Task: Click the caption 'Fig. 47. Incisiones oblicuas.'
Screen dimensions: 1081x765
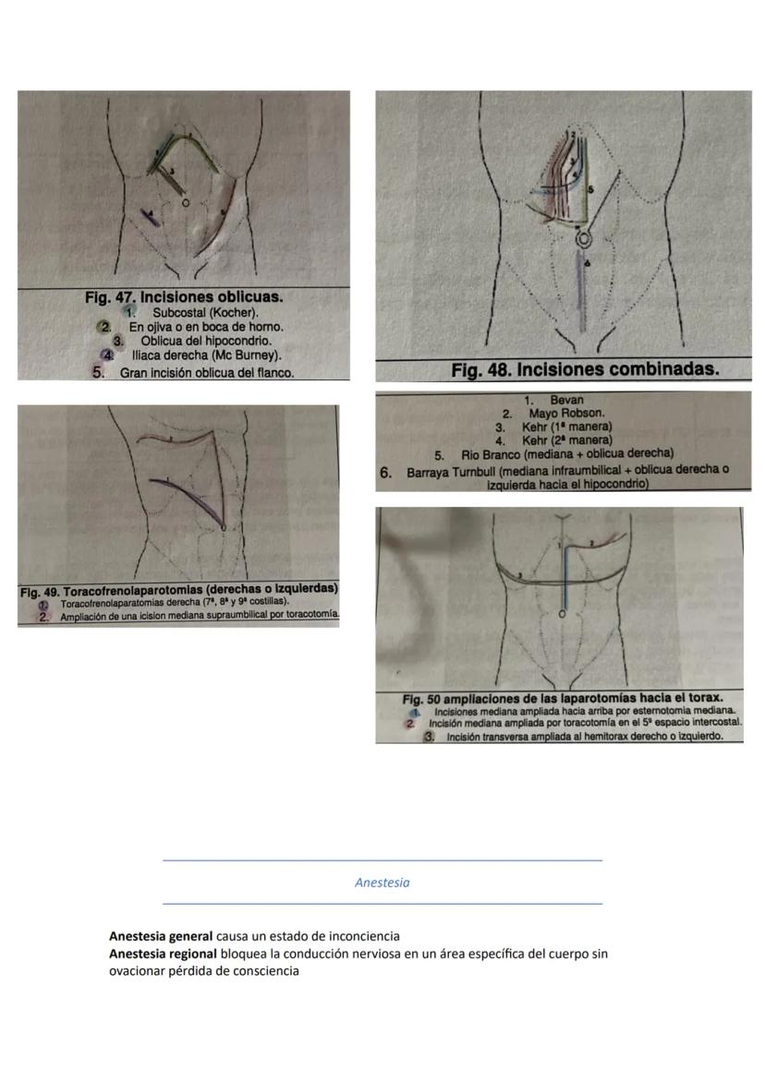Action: coord(184,297)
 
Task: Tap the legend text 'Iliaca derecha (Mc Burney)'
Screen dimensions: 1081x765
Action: coord(207,354)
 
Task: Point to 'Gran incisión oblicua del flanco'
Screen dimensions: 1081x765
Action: coord(207,373)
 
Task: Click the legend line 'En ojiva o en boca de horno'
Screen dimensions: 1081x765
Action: coord(205,326)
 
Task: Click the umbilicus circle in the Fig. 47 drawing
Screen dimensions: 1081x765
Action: coord(186,202)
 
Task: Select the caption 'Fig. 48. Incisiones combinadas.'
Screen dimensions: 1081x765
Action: coord(584,370)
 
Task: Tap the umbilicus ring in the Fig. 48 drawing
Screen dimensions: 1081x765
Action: coord(583,240)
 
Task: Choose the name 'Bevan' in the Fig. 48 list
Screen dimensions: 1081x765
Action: coord(566,401)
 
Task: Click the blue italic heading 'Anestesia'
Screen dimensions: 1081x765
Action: coord(382,883)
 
